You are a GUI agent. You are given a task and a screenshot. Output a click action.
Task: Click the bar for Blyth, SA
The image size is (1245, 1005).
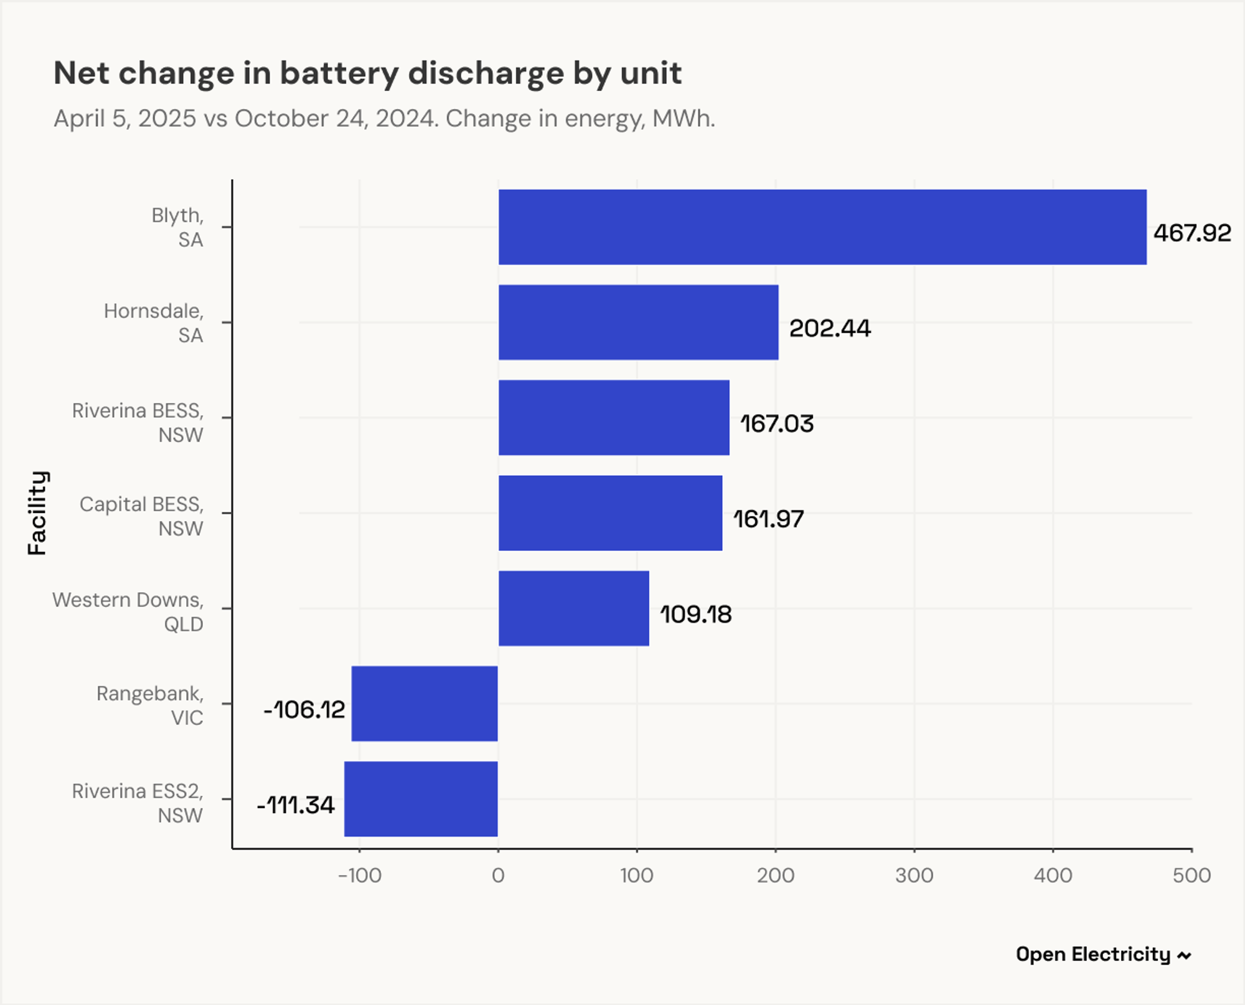coord(822,227)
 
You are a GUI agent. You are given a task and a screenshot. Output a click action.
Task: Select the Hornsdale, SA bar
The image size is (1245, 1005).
coord(638,323)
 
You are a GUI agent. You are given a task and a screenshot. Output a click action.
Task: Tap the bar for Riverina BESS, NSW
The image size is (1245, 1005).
coord(614,418)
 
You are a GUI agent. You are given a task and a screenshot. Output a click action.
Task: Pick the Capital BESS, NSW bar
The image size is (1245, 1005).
coord(610,513)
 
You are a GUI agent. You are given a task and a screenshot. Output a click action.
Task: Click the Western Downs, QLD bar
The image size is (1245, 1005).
coord(573,608)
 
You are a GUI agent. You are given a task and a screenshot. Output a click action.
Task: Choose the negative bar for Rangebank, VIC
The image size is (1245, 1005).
coord(425,704)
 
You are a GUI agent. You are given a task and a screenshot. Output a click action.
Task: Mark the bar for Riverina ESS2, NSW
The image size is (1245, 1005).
coord(421,799)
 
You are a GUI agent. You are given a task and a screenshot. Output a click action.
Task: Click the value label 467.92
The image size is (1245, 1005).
coord(1192,233)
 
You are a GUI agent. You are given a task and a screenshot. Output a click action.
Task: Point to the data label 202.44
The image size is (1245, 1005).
coord(830,328)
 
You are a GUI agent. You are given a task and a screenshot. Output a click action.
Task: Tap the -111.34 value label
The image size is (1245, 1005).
coord(296,805)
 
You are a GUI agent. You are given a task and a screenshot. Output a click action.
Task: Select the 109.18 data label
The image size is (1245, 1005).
coord(695,615)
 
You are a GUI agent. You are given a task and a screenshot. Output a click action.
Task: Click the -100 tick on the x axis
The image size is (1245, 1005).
coord(359,875)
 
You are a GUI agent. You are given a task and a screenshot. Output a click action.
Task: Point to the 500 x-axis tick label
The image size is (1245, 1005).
coord(1191,875)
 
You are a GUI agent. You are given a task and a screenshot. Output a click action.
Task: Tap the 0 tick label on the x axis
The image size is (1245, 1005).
coord(498,875)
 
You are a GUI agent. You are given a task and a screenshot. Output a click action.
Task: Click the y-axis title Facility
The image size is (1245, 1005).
coord(37,512)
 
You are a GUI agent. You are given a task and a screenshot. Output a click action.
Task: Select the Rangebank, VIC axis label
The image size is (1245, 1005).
coord(149,705)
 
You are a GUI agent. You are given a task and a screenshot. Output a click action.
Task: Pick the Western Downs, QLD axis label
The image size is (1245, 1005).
coord(128,611)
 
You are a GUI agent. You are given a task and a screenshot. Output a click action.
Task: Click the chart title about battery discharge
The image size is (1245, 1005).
coord(367,73)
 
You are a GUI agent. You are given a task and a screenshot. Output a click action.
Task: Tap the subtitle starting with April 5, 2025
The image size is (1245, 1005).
coord(384,118)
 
